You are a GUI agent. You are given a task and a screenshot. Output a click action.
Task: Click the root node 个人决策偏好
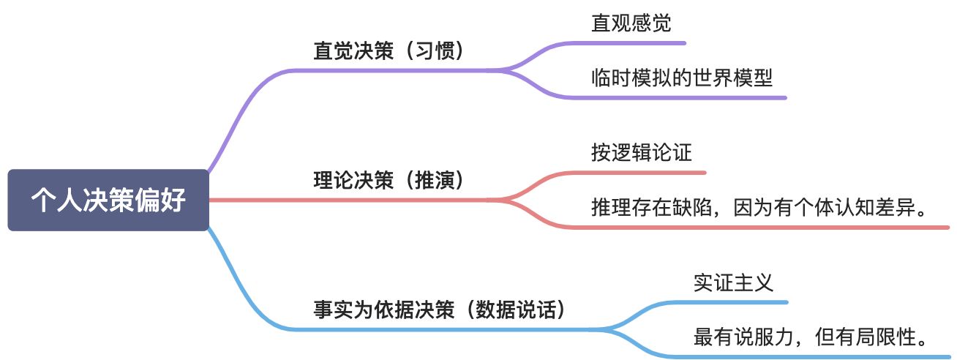pyautogui.click(x=108, y=200)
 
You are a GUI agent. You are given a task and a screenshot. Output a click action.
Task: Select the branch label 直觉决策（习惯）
pyautogui.click(x=389, y=52)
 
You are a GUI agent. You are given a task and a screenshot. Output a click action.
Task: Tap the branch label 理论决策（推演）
pyautogui.click(x=389, y=181)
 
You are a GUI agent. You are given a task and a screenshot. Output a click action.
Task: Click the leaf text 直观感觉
pyautogui.click(x=631, y=23)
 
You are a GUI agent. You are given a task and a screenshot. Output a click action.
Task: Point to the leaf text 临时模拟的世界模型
pyautogui.click(x=682, y=78)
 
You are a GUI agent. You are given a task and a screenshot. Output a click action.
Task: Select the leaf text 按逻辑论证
pyautogui.click(x=642, y=153)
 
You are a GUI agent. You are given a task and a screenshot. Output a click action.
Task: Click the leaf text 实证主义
pyautogui.click(x=733, y=282)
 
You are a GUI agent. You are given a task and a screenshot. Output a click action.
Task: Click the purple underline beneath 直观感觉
pyautogui.click(x=637, y=43)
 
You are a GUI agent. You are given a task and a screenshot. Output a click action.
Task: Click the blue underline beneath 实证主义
pyautogui.click(x=739, y=301)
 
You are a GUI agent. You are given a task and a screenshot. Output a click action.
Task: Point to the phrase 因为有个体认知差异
pyautogui.click(x=822, y=207)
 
